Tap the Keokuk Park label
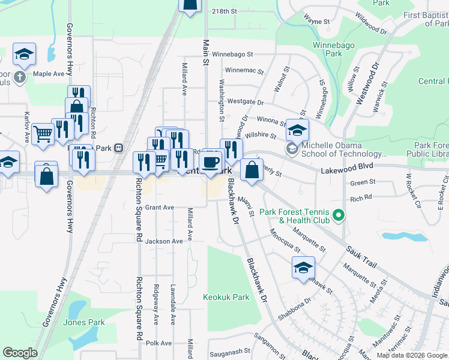pos(226,297)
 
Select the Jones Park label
pos(84,322)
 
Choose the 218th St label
pos(225,11)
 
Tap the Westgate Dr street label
pos(246,103)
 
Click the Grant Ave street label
pos(160,208)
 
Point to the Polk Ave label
pos(159,343)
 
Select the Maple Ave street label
pos(49,74)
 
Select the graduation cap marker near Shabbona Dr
pos(304,268)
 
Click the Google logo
pos(20,353)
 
